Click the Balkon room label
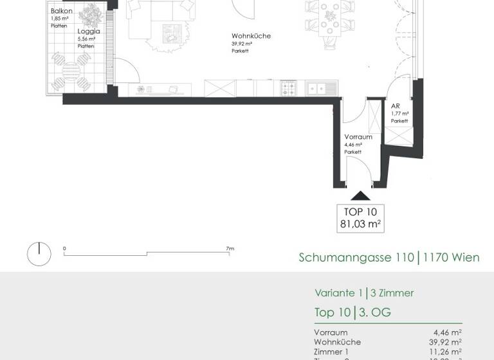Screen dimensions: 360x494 point(60,12)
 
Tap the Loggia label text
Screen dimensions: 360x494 point(88,31)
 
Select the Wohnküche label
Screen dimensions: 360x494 point(251,37)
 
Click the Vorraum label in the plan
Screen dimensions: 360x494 point(358,138)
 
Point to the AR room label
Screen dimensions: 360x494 point(396,106)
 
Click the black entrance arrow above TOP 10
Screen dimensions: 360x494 point(360,196)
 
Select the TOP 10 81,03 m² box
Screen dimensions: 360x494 point(360,218)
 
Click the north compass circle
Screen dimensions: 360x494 point(39,254)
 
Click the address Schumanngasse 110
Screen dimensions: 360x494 point(356,258)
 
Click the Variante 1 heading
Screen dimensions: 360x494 point(337,293)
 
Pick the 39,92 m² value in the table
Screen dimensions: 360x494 point(447,342)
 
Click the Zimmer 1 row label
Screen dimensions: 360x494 point(331,352)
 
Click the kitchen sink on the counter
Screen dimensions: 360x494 point(319,87)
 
